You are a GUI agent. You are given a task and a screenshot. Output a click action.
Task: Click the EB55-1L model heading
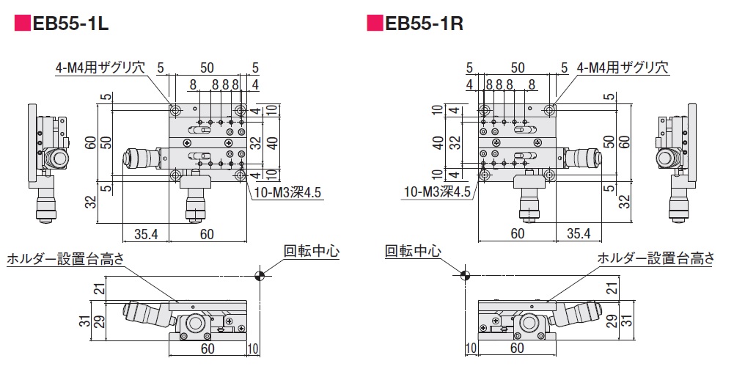click(70, 23)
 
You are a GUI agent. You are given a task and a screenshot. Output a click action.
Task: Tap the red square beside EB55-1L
click(23, 23)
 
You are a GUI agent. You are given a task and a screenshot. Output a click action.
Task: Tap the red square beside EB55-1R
click(374, 23)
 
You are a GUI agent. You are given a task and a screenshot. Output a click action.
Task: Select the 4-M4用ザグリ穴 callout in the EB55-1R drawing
click(623, 68)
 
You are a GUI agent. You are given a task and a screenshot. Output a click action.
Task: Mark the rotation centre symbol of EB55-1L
click(259, 276)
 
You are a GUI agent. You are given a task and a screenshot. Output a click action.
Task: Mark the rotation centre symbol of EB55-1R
click(463, 276)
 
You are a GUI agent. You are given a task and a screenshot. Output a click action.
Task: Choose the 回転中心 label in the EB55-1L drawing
click(312, 251)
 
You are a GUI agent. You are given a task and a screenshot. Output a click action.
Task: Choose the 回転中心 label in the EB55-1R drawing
click(413, 251)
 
